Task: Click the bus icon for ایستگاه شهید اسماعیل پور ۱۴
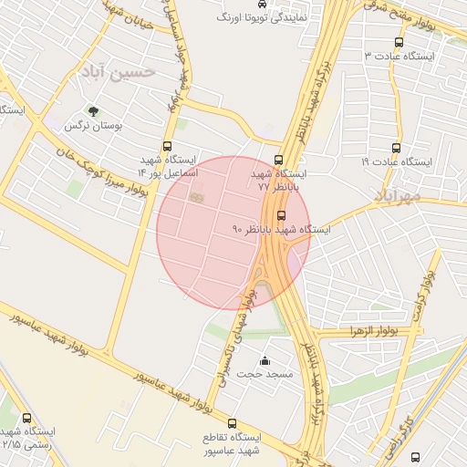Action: pos(167,146)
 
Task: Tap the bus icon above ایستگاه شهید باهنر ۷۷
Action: pos(279,160)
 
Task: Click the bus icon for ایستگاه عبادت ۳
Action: pos(399,42)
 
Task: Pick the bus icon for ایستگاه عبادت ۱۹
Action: pos(396,147)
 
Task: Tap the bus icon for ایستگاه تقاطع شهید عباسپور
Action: pos(232,424)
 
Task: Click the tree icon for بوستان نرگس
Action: pos(92,112)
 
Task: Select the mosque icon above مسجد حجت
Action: pos(265,360)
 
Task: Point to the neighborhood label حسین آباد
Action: pos(119,71)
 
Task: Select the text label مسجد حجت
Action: pos(265,375)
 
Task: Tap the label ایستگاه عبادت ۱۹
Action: pos(399,161)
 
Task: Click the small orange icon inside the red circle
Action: pos(193,196)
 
